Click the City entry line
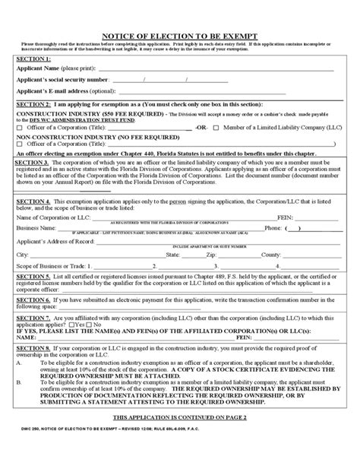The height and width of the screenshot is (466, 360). [76, 255]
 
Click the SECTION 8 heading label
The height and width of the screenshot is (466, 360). [36, 365]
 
